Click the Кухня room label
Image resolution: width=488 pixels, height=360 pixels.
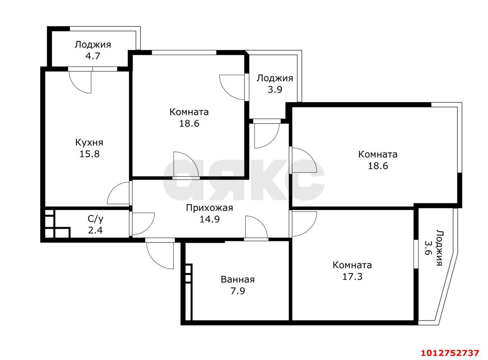[89, 143]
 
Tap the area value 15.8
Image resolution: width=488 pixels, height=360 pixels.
[89, 154]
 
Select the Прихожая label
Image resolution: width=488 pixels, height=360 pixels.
[209, 208]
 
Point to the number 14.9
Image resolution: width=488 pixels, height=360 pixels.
[209, 219]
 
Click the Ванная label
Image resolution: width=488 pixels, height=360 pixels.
[238, 280]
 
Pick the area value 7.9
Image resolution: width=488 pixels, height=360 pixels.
[238, 291]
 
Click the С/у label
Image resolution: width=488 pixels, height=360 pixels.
[95, 219]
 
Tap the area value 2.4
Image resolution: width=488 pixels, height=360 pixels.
[95, 230]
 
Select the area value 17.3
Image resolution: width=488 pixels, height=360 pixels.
[352, 276]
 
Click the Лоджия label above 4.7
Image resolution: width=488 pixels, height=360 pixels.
[93, 45]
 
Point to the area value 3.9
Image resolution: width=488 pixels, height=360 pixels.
[274, 90]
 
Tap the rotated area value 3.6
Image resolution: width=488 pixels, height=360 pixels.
[429, 248]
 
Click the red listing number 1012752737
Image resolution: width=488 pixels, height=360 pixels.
[449, 352]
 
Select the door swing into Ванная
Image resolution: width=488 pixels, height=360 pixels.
[255, 228]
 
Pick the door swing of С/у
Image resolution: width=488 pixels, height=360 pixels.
[142, 223]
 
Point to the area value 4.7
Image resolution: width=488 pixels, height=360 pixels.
[93, 56]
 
